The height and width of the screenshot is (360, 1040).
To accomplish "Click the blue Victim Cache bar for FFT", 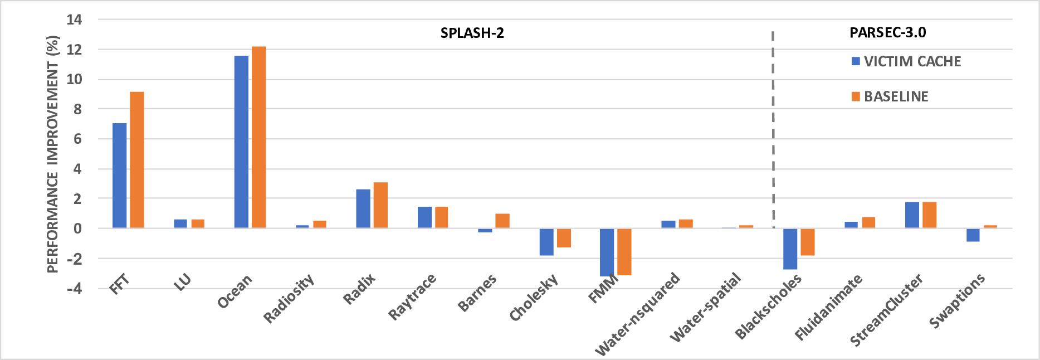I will click(x=119, y=176).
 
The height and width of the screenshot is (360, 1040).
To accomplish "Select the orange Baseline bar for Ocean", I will click(x=258, y=137).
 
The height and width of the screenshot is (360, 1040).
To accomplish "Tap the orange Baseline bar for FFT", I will click(x=137, y=160).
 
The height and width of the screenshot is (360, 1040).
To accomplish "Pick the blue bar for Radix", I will click(x=363, y=209).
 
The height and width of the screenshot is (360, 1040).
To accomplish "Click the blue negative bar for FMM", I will click(x=607, y=252).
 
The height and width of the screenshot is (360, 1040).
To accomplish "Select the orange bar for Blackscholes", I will click(x=808, y=242).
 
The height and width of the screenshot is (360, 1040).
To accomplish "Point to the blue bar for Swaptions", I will click(x=973, y=235).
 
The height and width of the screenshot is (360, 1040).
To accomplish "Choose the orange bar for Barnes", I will click(x=502, y=221).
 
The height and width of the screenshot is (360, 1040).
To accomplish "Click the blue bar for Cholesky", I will click(x=546, y=242).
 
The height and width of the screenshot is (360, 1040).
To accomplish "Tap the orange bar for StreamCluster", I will click(x=929, y=215).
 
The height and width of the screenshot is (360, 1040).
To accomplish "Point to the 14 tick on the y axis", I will click(x=74, y=20).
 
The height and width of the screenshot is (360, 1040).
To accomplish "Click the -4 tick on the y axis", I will click(x=74, y=289).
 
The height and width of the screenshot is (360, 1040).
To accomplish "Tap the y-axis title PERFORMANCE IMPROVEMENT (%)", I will click(x=52, y=154).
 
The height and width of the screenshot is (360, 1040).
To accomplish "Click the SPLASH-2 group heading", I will click(x=472, y=33).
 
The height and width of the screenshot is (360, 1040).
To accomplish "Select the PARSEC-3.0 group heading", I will click(x=887, y=32).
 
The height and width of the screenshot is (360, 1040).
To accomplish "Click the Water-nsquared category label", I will click(x=638, y=314).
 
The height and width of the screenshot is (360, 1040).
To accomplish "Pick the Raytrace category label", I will click(x=412, y=297).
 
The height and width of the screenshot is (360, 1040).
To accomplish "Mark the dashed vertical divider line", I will click(x=773, y=128).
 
